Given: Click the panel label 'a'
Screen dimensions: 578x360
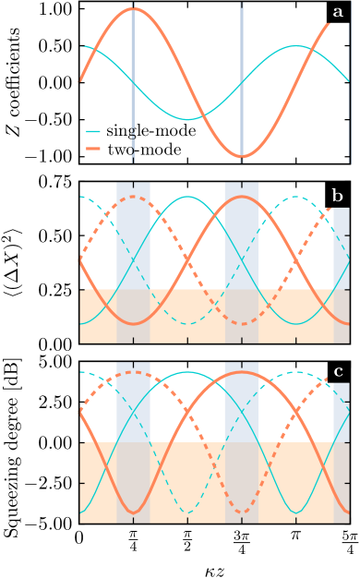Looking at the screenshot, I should [x=338, y=12].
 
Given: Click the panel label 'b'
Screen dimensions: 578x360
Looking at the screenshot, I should [x=338, y=196].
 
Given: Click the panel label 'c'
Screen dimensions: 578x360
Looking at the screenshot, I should [x=338, y=372].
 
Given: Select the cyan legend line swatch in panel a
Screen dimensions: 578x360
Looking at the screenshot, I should [x=93, y=131].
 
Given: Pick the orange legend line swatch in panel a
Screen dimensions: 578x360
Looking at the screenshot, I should [x=93, y=148].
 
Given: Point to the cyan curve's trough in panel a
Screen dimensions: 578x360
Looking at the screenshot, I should [x=187, y=119].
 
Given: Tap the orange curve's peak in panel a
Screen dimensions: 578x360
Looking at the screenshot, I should [x=134, y=9].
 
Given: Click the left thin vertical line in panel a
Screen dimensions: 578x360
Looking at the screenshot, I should [x=133, y=83].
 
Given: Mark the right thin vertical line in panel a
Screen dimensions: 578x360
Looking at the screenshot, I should [x=242, y=83].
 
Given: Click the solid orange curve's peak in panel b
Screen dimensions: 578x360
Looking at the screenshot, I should [x=242, y=197].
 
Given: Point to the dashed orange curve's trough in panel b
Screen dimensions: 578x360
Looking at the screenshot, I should [x=242, y=323].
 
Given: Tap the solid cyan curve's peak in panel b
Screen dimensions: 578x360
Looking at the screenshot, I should [x=187, y=197].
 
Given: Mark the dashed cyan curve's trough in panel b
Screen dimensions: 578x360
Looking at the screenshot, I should [x=187, y=323].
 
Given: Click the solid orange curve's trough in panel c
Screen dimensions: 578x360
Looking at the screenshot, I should [x=134, y=512].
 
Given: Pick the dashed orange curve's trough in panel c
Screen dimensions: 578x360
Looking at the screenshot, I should [x=242, y=512].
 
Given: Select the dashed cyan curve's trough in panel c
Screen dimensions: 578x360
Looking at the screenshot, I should [x=187, y=512].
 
